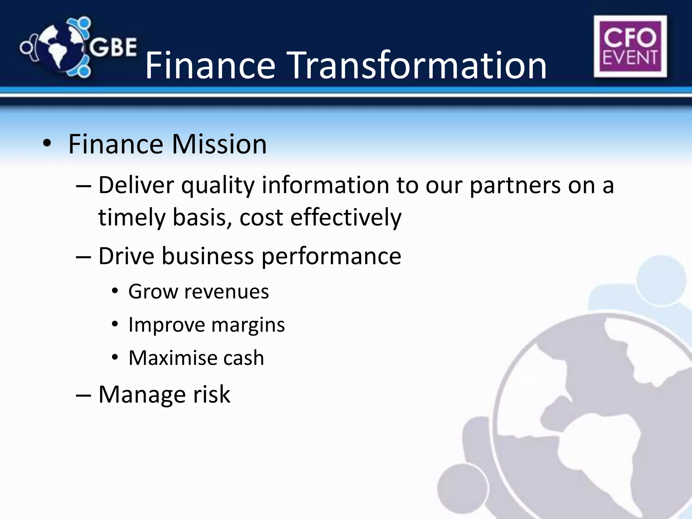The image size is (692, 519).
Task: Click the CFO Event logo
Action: point(630,46)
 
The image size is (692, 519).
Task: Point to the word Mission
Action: point(219,144)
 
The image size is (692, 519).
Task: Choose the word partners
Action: point(515,186)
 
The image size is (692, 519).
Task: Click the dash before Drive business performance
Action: point(83,256)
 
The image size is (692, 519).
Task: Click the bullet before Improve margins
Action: point(115,324)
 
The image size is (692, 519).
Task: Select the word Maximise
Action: point(172,358)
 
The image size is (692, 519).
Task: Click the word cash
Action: point(243,358)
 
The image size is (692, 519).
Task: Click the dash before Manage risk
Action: point(83,395)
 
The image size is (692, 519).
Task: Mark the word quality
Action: point(218,186)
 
